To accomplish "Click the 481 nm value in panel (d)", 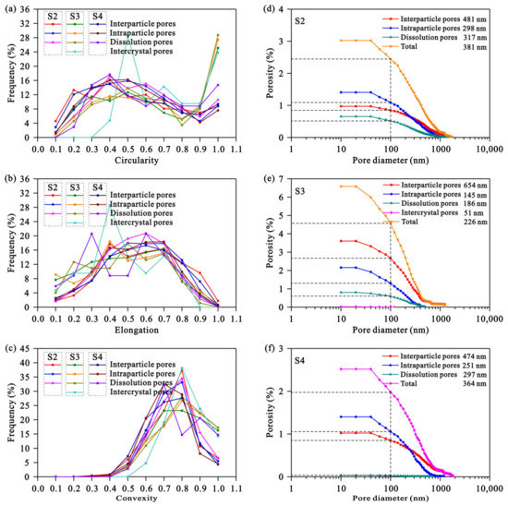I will click(471, 18).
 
